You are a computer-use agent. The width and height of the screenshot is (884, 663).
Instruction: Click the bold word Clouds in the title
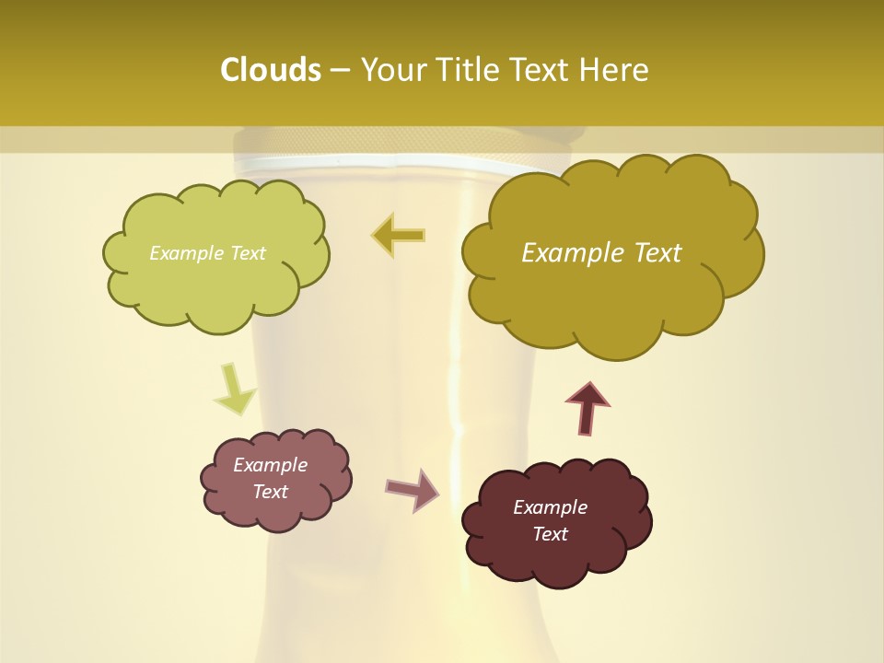271,70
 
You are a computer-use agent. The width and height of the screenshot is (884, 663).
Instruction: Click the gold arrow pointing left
399,235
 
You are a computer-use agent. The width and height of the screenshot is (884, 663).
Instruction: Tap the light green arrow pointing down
234,390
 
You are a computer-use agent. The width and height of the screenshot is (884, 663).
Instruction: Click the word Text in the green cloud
248,253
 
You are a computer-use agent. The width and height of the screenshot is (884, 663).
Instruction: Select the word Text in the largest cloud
656,253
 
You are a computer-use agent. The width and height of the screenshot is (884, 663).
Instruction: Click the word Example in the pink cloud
270,465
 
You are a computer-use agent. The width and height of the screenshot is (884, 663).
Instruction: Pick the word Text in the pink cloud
270,492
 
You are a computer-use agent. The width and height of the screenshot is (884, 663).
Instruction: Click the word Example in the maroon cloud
550,507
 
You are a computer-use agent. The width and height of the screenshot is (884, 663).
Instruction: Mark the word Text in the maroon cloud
550,534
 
